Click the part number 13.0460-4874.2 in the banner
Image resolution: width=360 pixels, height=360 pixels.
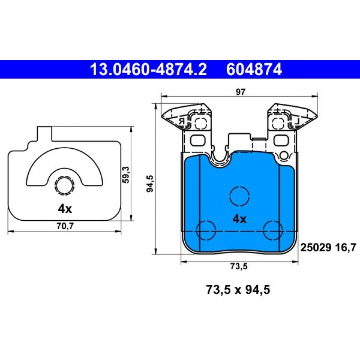(x=149, y=69)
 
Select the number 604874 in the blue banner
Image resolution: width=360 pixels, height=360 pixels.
(x=254, y=69)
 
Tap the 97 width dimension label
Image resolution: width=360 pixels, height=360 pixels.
(x=240, y=92)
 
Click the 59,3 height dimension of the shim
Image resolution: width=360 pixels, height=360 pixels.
(x=126, y=175)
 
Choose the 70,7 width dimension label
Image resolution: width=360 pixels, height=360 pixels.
(x=65, y=226)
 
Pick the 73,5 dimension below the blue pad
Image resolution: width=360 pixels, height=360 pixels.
(x=239, y=266)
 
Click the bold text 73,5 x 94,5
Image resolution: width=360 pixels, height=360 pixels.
(x=238, y=289)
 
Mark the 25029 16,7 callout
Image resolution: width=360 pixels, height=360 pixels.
(x=328, y=248)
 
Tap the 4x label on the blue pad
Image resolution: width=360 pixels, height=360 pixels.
(x=239, y=220)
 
